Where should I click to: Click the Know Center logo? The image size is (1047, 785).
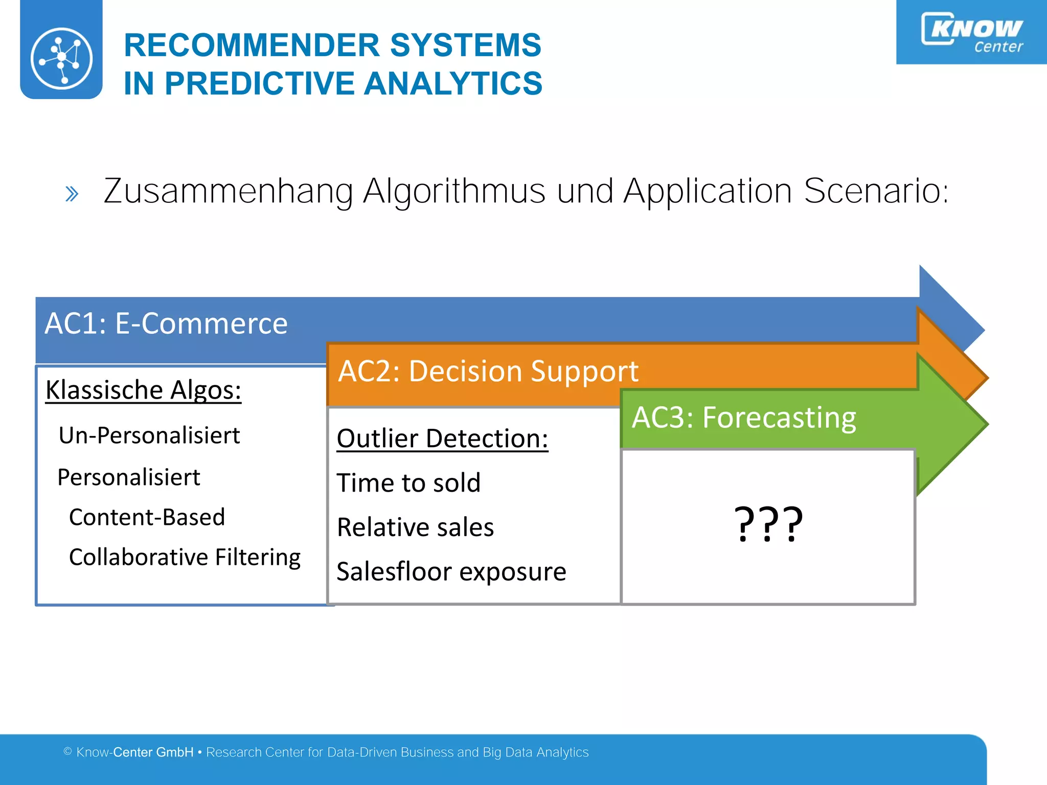pyautogui.click(x=971, y=32)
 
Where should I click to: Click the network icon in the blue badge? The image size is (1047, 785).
pyautogui.click(x=61, y=58)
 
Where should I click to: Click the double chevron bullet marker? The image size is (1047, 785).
pyautogui.click(x=72, y=194)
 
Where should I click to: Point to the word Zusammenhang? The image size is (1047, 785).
pyautogui.click(x=228, y=191)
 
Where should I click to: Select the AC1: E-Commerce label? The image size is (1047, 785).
pyautogui.click(x=166, y=324)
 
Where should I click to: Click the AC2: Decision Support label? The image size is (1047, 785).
pyautogui.click(x=488, y=371)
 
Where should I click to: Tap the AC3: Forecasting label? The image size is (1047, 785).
pyautogui.click(x=744, y=418)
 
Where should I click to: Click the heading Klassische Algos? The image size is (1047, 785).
pyautogui.click(x=143, y=390)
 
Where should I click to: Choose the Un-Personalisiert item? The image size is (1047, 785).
pyautogui.click(x=149, y=435)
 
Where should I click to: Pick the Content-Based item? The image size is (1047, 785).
pyautogui.click(x=147, y=517)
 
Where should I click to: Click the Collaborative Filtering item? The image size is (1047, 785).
pyautogui.click(x=185, y=557)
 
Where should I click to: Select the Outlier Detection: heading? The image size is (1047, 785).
pyautogui.click(x=442, y=438)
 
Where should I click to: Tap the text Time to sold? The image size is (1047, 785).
pyautogui.click(x=408, y=483)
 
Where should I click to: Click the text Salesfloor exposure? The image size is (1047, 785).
pyautogui.click(x=451, y=571)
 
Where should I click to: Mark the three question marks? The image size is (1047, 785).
pyautogui.click(x=768, y=524)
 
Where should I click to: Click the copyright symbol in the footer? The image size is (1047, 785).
pyautogui.click(x=67, y=751)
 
